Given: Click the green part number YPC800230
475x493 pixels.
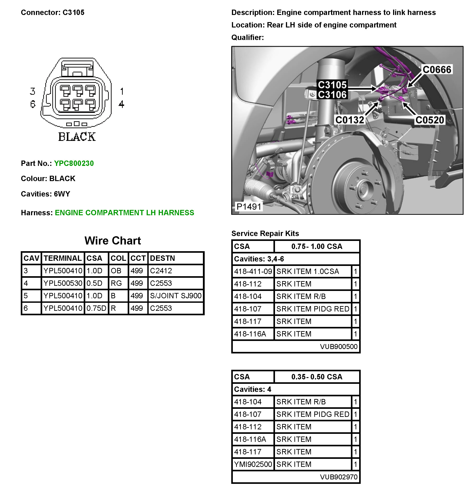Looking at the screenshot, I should click(x=74, y=163).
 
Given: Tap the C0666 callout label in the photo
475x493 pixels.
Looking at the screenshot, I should click(x=437, y=70).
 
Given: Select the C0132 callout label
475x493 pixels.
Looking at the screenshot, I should click(x=350, y=120).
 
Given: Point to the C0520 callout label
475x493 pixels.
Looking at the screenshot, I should click(x=429, y=120).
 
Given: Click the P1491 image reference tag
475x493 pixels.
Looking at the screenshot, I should click(x=249, y=207).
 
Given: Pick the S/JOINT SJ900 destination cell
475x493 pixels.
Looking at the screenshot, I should click(x=175, y=296).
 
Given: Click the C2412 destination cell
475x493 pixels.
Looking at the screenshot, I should click(x=161, y=271).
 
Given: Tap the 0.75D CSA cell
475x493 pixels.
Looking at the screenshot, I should click(x=96, y=308).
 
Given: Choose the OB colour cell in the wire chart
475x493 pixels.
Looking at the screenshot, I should click(x=116, y=271).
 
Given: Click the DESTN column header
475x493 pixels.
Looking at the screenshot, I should click(x=162, y=258).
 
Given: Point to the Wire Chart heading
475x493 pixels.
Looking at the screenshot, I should click(x=112, y=241).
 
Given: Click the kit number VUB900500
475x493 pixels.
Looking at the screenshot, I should click(x=338, y=347).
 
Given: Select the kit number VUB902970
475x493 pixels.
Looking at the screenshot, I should click(x=338, y=477).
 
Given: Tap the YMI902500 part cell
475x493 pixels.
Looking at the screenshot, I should click(x=253, y=464).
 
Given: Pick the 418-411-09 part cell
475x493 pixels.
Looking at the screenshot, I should click(x=253, y=272).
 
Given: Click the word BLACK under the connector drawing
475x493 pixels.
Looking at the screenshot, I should click(x=77, y=137).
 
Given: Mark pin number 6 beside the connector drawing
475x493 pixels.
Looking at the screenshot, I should click(x=33, y=104).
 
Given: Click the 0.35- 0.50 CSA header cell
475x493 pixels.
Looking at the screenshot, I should click(x=317, y=377).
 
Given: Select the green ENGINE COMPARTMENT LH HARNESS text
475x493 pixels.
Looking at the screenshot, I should click(x=124, y=213).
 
